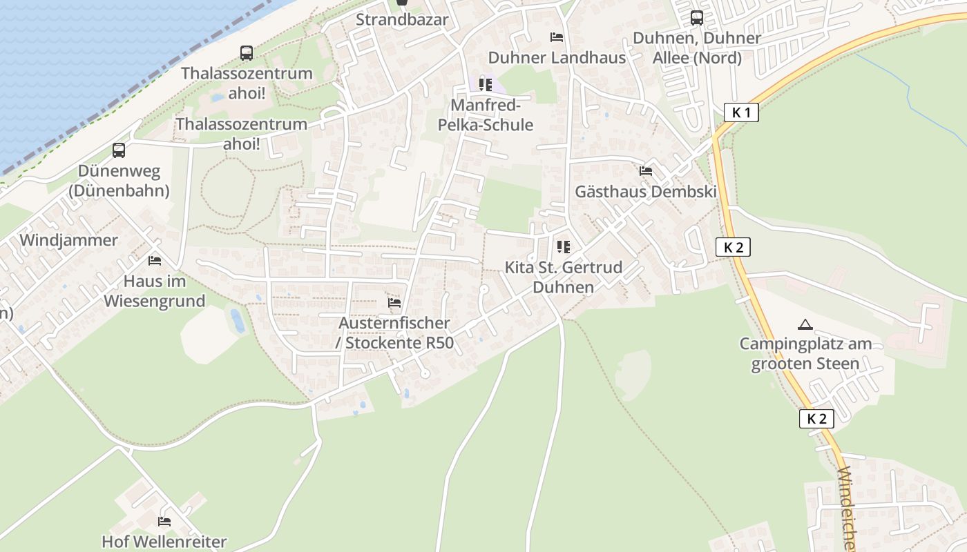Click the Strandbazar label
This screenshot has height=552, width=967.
(402, 19)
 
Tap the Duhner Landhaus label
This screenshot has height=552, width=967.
(557, 57)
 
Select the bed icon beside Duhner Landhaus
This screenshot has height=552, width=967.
(557, 37)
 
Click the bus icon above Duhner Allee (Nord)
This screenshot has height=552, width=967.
(697, 18)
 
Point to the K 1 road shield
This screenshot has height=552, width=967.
(742, 112)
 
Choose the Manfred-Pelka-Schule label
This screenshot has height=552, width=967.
(486, 115)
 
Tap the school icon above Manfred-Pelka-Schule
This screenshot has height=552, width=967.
(486, 85)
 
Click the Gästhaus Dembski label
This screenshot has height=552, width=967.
(646, 192)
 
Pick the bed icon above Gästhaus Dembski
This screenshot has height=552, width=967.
(646, 170)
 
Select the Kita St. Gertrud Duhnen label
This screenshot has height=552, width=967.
(564, 277)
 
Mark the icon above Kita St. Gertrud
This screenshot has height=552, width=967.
(564, 246)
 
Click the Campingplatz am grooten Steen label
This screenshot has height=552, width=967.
(805, 353)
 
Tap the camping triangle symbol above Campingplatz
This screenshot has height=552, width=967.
(805, 324)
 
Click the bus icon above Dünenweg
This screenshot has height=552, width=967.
(119, 150)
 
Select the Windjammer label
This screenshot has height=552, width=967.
(69, 240)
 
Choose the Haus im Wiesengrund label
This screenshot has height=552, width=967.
(155, 291)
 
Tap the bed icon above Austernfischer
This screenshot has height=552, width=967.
(394, 302)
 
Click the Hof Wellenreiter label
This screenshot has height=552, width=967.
(164, 542)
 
